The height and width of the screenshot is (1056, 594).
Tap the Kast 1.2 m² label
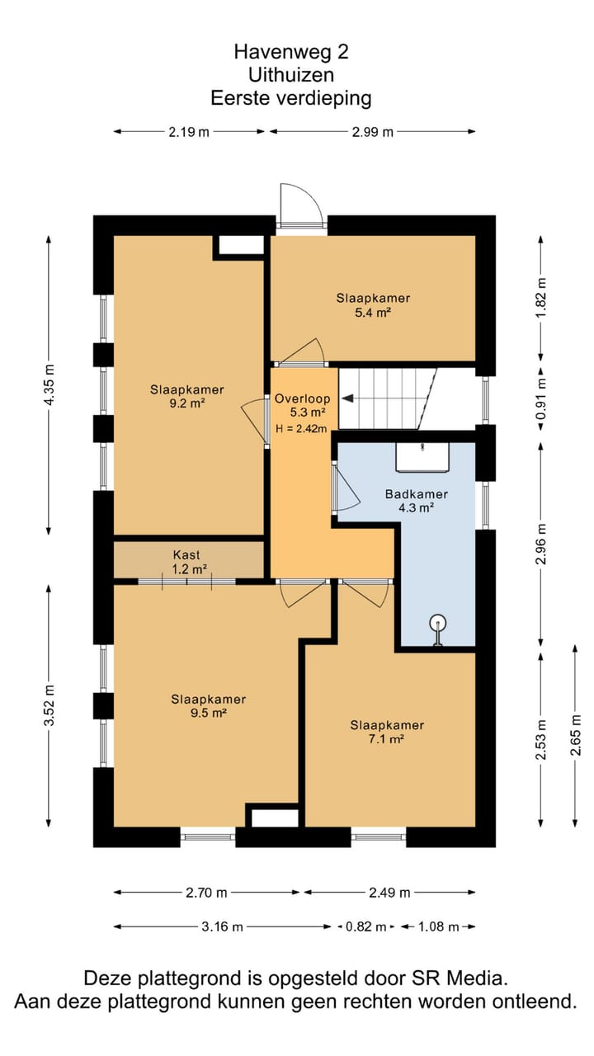189,562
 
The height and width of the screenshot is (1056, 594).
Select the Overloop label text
302,398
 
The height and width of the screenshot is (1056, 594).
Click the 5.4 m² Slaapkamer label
373,305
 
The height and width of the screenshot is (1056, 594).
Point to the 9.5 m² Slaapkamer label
209,705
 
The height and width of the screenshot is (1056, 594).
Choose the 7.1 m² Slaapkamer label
387,732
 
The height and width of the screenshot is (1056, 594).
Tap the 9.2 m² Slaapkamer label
186,396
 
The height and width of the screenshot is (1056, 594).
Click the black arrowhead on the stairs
347,398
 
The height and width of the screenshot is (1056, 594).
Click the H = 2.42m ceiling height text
301,428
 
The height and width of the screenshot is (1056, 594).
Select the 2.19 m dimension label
189,132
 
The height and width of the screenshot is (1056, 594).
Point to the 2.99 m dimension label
372,132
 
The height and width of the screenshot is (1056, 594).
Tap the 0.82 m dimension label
365,926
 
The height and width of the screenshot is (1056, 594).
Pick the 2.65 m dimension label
576,735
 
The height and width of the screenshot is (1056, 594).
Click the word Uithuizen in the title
291,75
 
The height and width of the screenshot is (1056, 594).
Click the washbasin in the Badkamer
422,456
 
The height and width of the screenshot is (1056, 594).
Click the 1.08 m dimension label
438,926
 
